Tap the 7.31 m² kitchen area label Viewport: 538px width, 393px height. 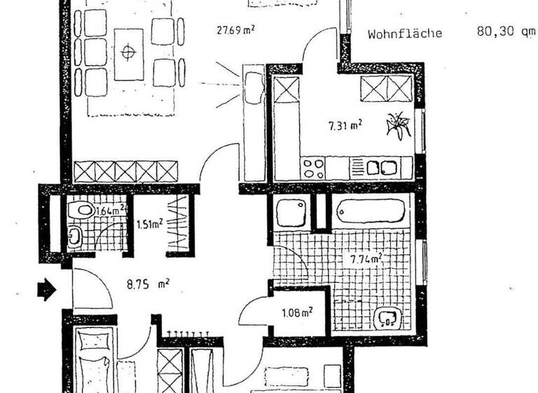click(x=345, y=126)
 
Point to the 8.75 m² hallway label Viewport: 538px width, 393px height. click(x=149, y=284)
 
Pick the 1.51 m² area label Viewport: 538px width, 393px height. click(x=149, y=224)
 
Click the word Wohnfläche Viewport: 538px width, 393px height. click(x=405, y=33)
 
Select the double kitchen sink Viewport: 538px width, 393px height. click(x=381, y=168)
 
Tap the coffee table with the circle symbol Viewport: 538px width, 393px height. click(x=128, y=53)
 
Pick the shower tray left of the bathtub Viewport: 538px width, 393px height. click(x=291, y=213)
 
